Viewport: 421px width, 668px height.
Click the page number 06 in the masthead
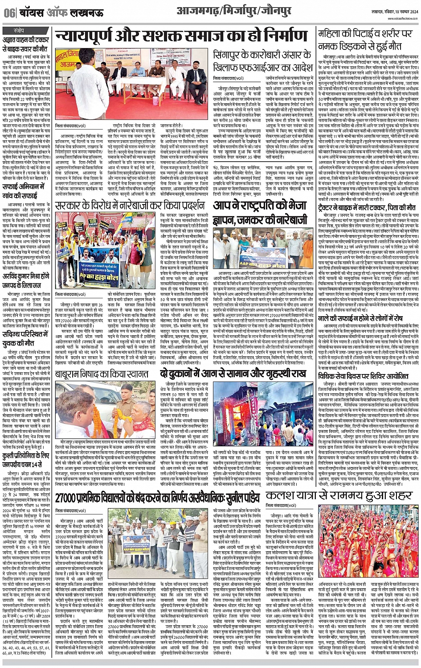9,12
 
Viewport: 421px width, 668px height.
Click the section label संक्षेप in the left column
19,31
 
